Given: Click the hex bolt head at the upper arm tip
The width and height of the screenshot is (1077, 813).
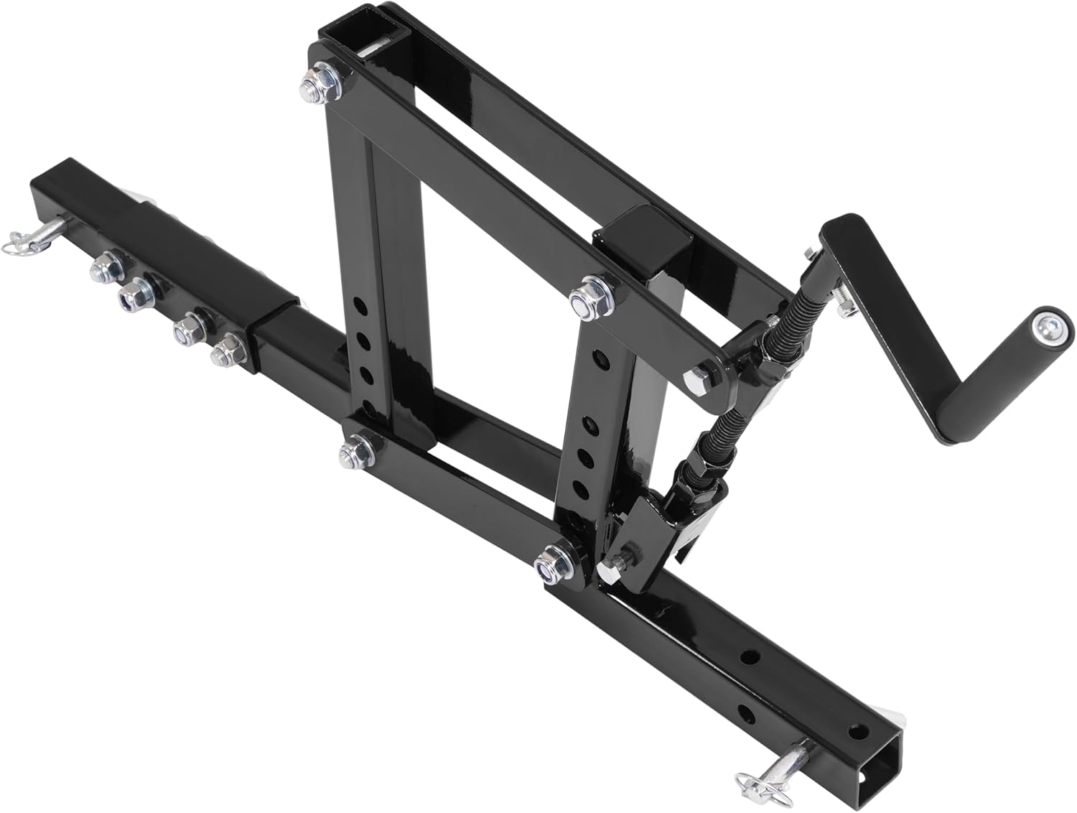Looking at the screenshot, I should (699, 376).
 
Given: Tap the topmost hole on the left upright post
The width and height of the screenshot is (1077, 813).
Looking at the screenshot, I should (362, 316).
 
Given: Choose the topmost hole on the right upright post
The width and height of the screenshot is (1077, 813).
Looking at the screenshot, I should (595, 356).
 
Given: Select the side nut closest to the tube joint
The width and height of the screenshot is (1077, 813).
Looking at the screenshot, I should (230, 348).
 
